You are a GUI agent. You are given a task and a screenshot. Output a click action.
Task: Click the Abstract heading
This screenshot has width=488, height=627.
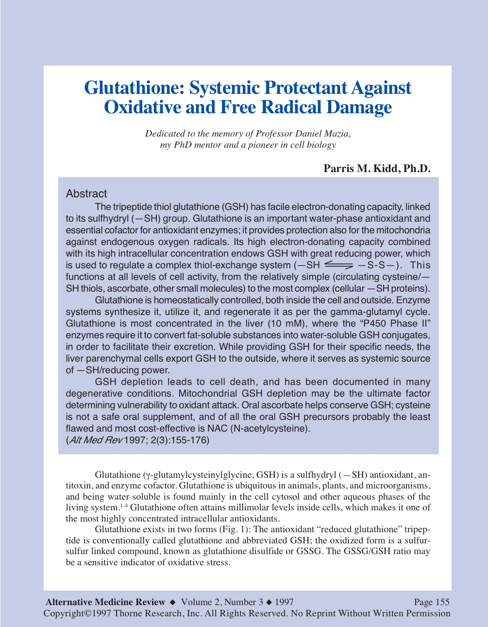pyautogui.click(x=86, y=193)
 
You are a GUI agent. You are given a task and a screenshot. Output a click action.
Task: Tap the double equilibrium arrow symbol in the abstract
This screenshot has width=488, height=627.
pyautogui.click(x=338, y=265)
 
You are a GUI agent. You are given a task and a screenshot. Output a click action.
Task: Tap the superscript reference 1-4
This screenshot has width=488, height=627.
pyautogui.click(x=124, y=505)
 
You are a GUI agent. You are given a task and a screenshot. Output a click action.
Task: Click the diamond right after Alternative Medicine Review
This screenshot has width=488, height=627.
pyautogui.click(x=173, y=602)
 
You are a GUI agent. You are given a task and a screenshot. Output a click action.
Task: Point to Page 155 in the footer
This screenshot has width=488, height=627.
pyautogui.click(x=432, y=602)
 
